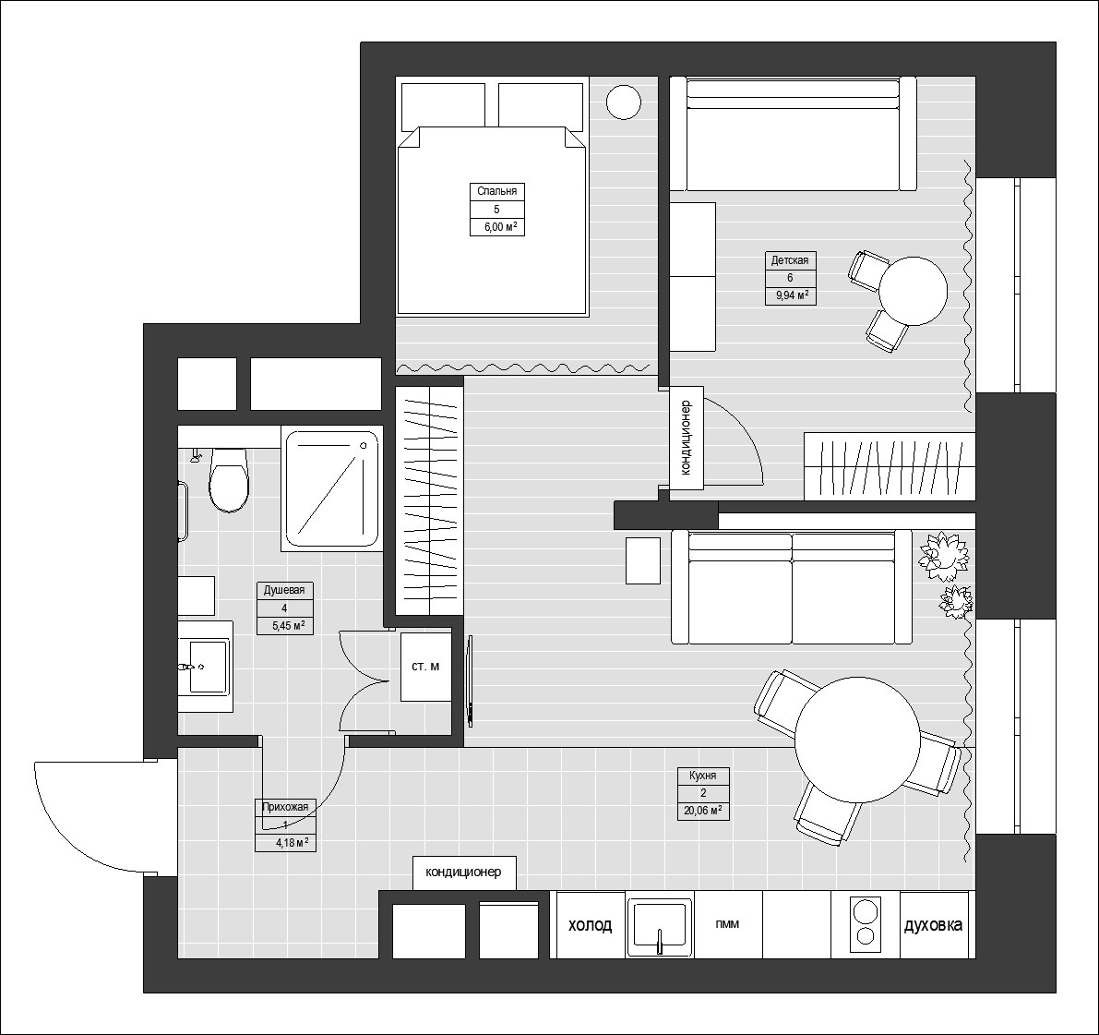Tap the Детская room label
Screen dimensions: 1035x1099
tap(790, 260)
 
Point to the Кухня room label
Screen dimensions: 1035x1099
tap(703, 776)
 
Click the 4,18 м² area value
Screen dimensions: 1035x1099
tap(291, 843)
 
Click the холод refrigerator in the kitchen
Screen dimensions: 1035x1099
tap(590, 925)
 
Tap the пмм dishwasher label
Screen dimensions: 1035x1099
tap(726, 924)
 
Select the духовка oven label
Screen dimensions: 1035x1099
tap(934, 925)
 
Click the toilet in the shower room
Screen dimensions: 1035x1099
tap(228, 480)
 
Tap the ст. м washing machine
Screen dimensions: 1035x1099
tap(425, 667)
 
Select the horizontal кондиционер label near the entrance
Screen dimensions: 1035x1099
tap(463, 872)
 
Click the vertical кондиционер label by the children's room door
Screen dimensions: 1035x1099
tap(686, 437)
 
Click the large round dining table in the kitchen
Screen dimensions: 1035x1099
tap(858, 740)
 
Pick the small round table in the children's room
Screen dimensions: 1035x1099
tap(913, 291)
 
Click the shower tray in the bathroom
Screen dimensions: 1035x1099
tap(333, 488)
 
